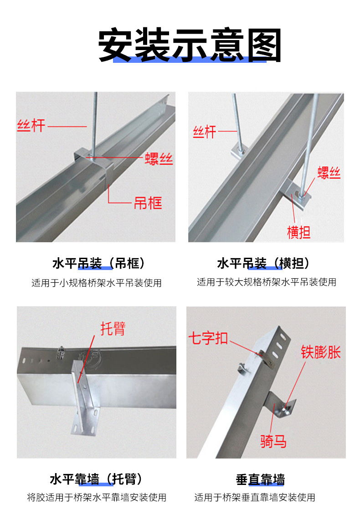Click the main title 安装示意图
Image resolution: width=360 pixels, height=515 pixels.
190,46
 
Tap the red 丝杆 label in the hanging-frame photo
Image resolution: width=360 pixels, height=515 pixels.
31,125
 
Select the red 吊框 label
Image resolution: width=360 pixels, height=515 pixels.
148,203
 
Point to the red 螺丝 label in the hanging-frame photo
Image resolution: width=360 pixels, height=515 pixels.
159,158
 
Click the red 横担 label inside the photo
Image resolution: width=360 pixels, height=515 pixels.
298,232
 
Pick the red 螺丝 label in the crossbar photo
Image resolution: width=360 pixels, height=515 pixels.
329,173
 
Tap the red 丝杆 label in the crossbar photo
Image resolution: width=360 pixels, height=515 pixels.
204,132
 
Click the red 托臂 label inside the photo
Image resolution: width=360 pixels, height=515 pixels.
113,328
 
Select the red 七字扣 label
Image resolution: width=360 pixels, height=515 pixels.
208,338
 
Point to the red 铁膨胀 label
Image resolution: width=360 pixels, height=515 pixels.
320,352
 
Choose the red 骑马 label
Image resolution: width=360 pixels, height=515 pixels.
273,441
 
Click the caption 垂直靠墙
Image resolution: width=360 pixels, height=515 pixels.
260,479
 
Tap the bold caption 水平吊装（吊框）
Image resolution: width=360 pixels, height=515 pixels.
98,263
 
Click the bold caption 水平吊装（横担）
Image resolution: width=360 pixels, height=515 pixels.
263,263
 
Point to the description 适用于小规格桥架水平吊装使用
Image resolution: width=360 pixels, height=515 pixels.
97,283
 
